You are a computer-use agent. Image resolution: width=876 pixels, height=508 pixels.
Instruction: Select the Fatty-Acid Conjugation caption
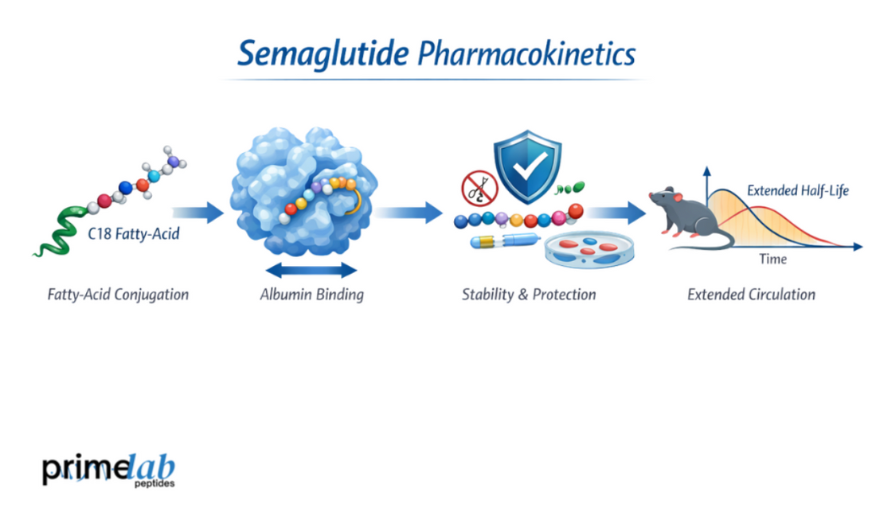tap(117, 295)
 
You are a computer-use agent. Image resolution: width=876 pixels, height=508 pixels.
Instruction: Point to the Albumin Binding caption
tap(311, 295)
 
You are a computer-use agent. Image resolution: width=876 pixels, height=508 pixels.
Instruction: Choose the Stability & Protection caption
tap(529, 295)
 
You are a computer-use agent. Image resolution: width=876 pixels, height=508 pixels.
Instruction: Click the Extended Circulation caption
tap(751, 295)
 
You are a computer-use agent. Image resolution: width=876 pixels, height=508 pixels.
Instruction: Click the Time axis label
tap(772, 260)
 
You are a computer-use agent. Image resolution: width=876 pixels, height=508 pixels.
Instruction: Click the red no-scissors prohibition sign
tap(479, 190)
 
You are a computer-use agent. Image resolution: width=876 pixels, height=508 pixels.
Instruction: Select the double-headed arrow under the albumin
tap(311, 269)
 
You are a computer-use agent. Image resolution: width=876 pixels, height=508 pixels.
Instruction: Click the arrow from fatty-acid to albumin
tap(197, 212)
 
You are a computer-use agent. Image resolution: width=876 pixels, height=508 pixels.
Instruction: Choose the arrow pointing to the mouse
tap(616, 212)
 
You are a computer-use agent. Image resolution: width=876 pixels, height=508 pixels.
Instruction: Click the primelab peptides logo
tap(108, 471)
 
